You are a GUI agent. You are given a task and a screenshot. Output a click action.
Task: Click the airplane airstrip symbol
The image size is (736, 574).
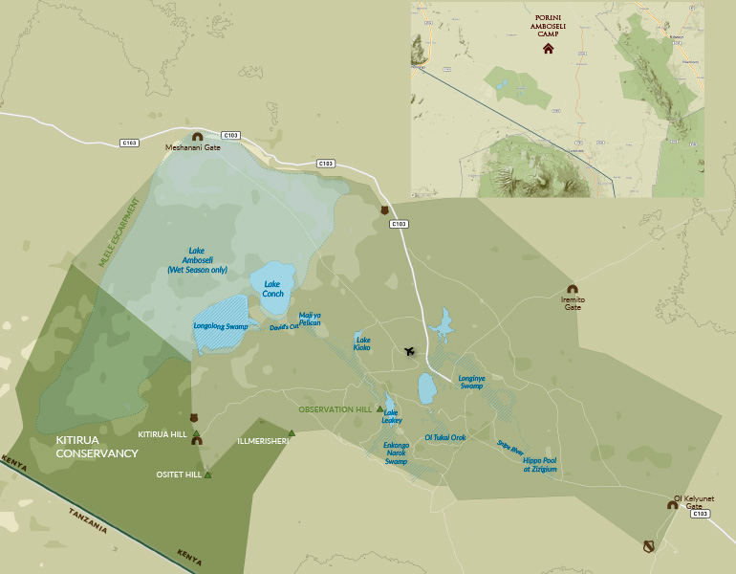[410, 351]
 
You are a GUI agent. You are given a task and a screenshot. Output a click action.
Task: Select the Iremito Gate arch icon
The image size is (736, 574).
[572, 289]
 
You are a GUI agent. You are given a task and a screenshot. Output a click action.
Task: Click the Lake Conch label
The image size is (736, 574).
[272, 289]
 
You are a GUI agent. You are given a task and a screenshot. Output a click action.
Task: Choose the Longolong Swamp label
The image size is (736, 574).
[221, 327]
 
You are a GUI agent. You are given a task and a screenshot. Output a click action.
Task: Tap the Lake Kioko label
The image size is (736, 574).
[362, 343]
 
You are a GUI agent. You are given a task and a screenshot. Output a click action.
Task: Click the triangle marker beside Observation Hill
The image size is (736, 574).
[379, 408]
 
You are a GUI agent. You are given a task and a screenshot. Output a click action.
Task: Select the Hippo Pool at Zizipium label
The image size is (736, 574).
[539, 465]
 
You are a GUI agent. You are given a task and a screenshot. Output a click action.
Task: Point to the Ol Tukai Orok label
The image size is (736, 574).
[444, 437]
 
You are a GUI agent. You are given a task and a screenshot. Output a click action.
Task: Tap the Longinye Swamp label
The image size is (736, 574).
[472, 383]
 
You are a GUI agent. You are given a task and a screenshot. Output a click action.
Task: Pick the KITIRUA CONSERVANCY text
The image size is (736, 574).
[97, 447]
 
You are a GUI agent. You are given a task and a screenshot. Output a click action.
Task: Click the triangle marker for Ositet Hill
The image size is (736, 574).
[207, 475]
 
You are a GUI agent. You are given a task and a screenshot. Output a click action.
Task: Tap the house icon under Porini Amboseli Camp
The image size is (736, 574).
[548, 49]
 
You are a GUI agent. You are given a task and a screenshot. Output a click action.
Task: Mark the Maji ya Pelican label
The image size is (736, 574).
[310, 319]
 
